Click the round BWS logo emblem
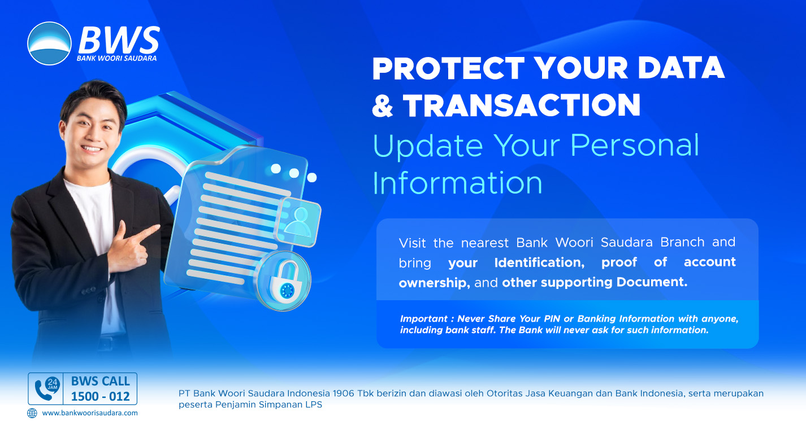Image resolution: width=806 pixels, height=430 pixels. pyautogui.click(x=49, y=43)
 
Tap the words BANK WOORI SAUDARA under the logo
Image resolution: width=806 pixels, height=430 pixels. pyautogui.click(x=116, y=58)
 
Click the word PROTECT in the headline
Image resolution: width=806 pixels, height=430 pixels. pyautogui.click(x=448, y=68)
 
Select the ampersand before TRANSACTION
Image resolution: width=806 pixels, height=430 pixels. pyautogui.click(x=382, y=106)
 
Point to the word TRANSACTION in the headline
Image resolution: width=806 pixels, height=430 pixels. pyautogui.click(x=522, y=106)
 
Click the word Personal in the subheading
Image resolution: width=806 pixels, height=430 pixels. pyautogui.click(x=635, y=145)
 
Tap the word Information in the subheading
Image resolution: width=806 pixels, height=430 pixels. pyautogui.click(x=457, y=183)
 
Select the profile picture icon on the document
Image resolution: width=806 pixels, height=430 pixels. pyautogui.click(x=298, y=222)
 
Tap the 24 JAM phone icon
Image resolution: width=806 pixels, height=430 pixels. pyautogui.click(x=46, y=389)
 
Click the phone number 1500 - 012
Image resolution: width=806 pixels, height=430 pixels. pyautogui.click(x=101, y=397)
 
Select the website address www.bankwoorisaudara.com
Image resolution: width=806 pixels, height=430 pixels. pyautogui.click(x=90, y=413)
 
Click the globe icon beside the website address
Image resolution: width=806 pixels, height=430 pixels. pyautogui.click(x=32, y=413)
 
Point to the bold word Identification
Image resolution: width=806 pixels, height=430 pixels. pyautogui.click(x=539, y=262)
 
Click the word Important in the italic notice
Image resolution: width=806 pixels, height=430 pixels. pyautogui.click(x=424, y=319)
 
